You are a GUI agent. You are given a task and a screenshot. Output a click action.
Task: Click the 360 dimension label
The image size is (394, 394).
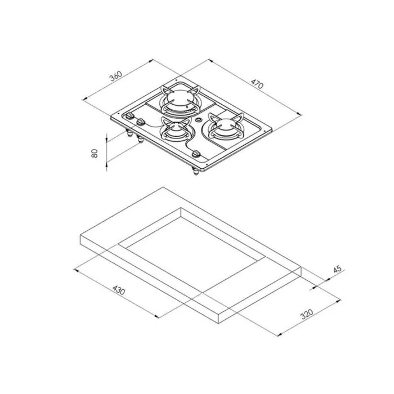pos(116,76)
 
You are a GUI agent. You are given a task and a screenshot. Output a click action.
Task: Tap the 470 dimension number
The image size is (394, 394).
pos(257,84)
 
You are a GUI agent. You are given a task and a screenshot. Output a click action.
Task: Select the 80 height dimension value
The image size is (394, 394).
pos(95,153)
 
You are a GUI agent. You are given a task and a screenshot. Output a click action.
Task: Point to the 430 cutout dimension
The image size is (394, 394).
pos(119,290)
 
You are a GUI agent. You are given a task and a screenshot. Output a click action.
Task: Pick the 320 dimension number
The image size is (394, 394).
pos(307,314)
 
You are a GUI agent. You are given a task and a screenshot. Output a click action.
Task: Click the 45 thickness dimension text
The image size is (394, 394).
pos(337,269)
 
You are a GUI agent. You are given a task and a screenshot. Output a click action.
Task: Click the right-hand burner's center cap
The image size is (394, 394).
pos(225,124)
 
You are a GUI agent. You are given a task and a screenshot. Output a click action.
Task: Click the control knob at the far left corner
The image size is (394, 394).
pos(129,115)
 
